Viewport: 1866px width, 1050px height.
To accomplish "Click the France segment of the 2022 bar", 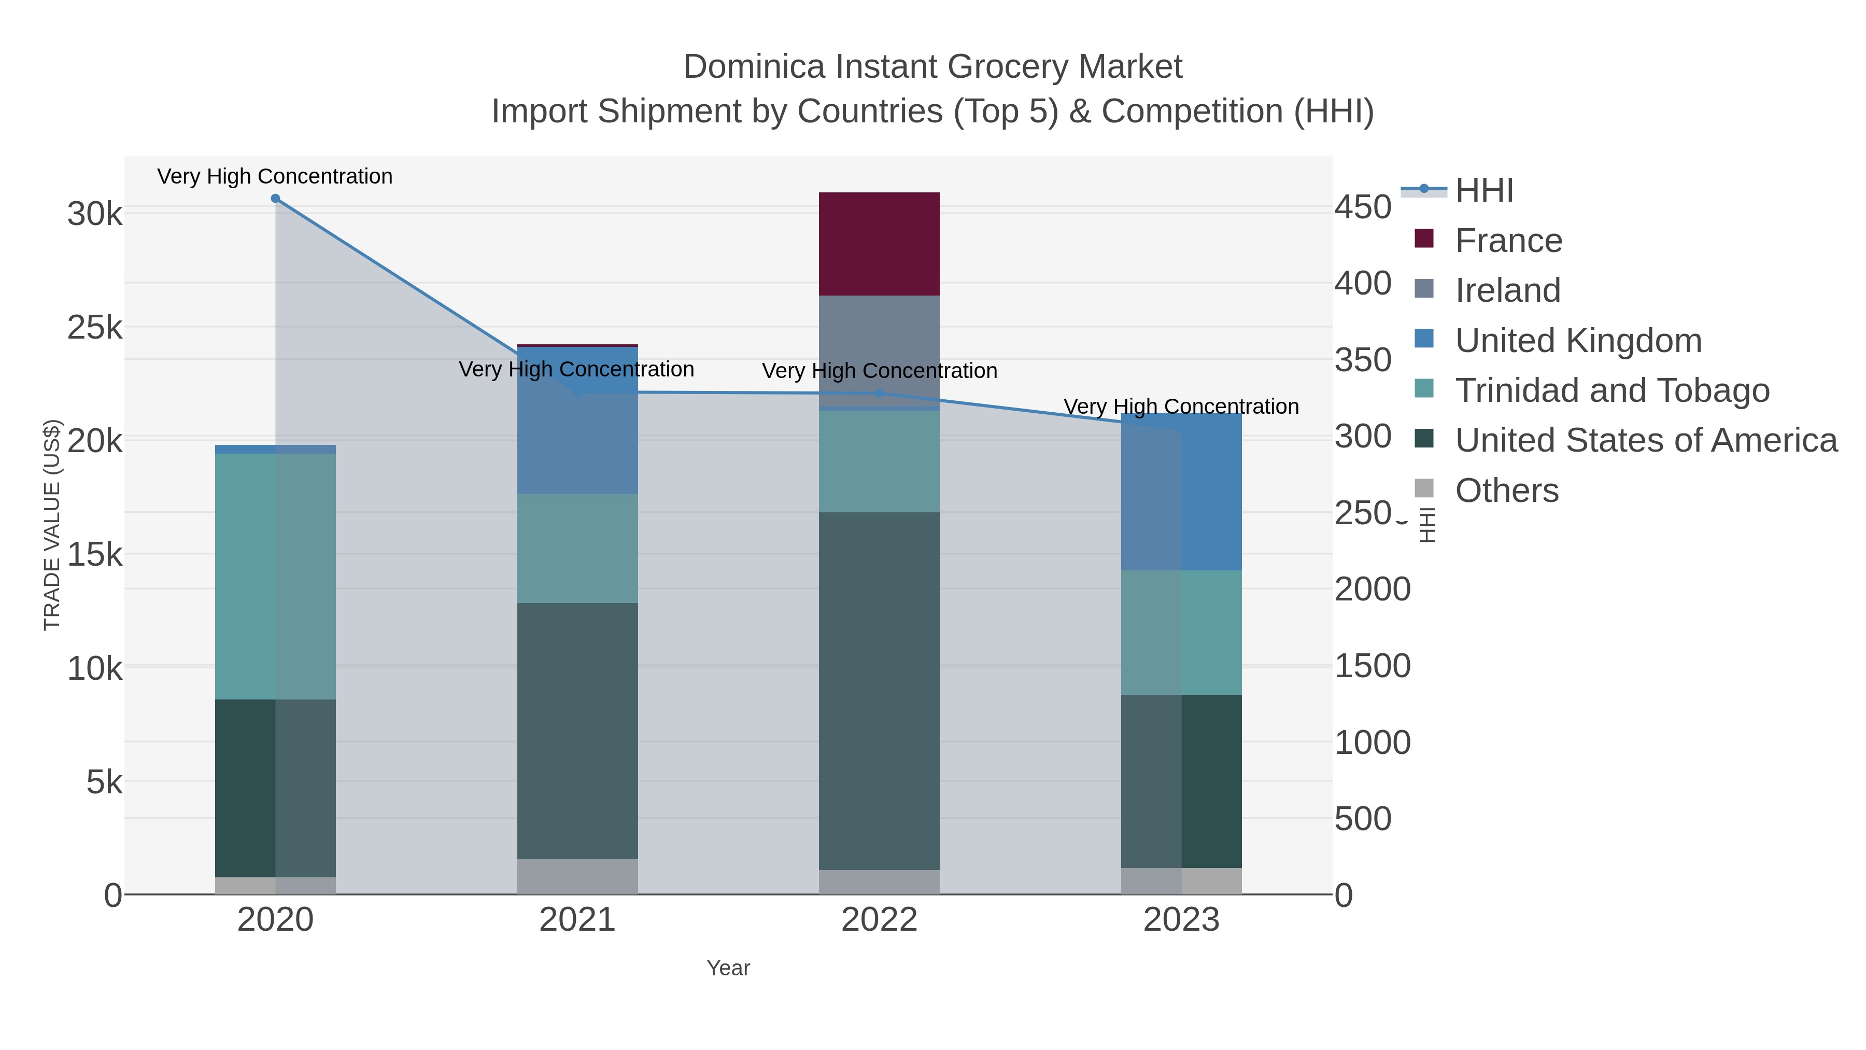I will click(879, 244).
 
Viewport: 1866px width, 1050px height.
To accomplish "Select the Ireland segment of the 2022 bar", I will click(879, 341).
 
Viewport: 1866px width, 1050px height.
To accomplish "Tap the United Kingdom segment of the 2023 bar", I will click(1181, 500).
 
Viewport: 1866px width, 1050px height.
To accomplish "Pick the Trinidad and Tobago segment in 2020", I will click(275, 576).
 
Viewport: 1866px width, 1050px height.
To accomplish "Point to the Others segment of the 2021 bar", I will click(577, 876).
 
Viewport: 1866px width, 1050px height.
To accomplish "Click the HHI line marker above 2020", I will click(275, 199).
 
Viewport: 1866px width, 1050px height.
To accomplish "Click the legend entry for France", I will click(1508, 241).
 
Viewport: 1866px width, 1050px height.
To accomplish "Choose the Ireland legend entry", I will click(1507, 290).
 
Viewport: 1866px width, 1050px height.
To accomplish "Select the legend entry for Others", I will click(1506, 491).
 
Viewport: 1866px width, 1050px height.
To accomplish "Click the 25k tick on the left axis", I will click(95, 328).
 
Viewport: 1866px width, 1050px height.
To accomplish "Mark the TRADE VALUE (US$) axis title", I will click(52, 525).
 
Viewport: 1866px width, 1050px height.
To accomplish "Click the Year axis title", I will click(728, 968).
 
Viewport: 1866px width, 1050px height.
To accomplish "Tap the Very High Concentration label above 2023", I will click(1181, 407).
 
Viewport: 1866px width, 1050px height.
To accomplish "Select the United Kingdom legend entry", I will click(1578, 341).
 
